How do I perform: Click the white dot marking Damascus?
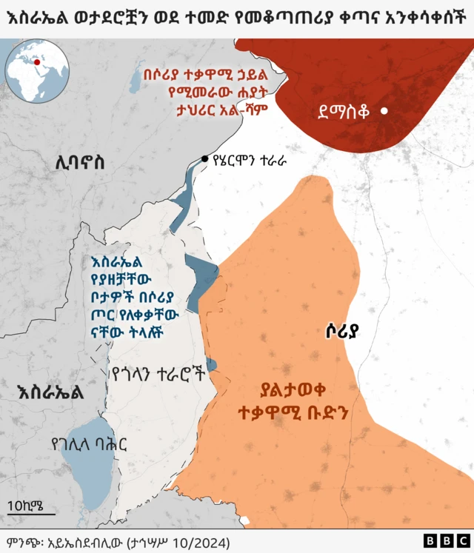[x=384, y=112]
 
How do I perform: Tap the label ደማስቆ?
[x=343, y=113]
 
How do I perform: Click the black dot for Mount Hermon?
[x=205, y=158]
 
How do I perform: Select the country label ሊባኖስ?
[x=79, y=162]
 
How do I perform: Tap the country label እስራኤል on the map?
[x=50, y=392]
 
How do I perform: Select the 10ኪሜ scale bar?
[x=30, y=512]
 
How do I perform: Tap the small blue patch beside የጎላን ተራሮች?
[x=212, y=363]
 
